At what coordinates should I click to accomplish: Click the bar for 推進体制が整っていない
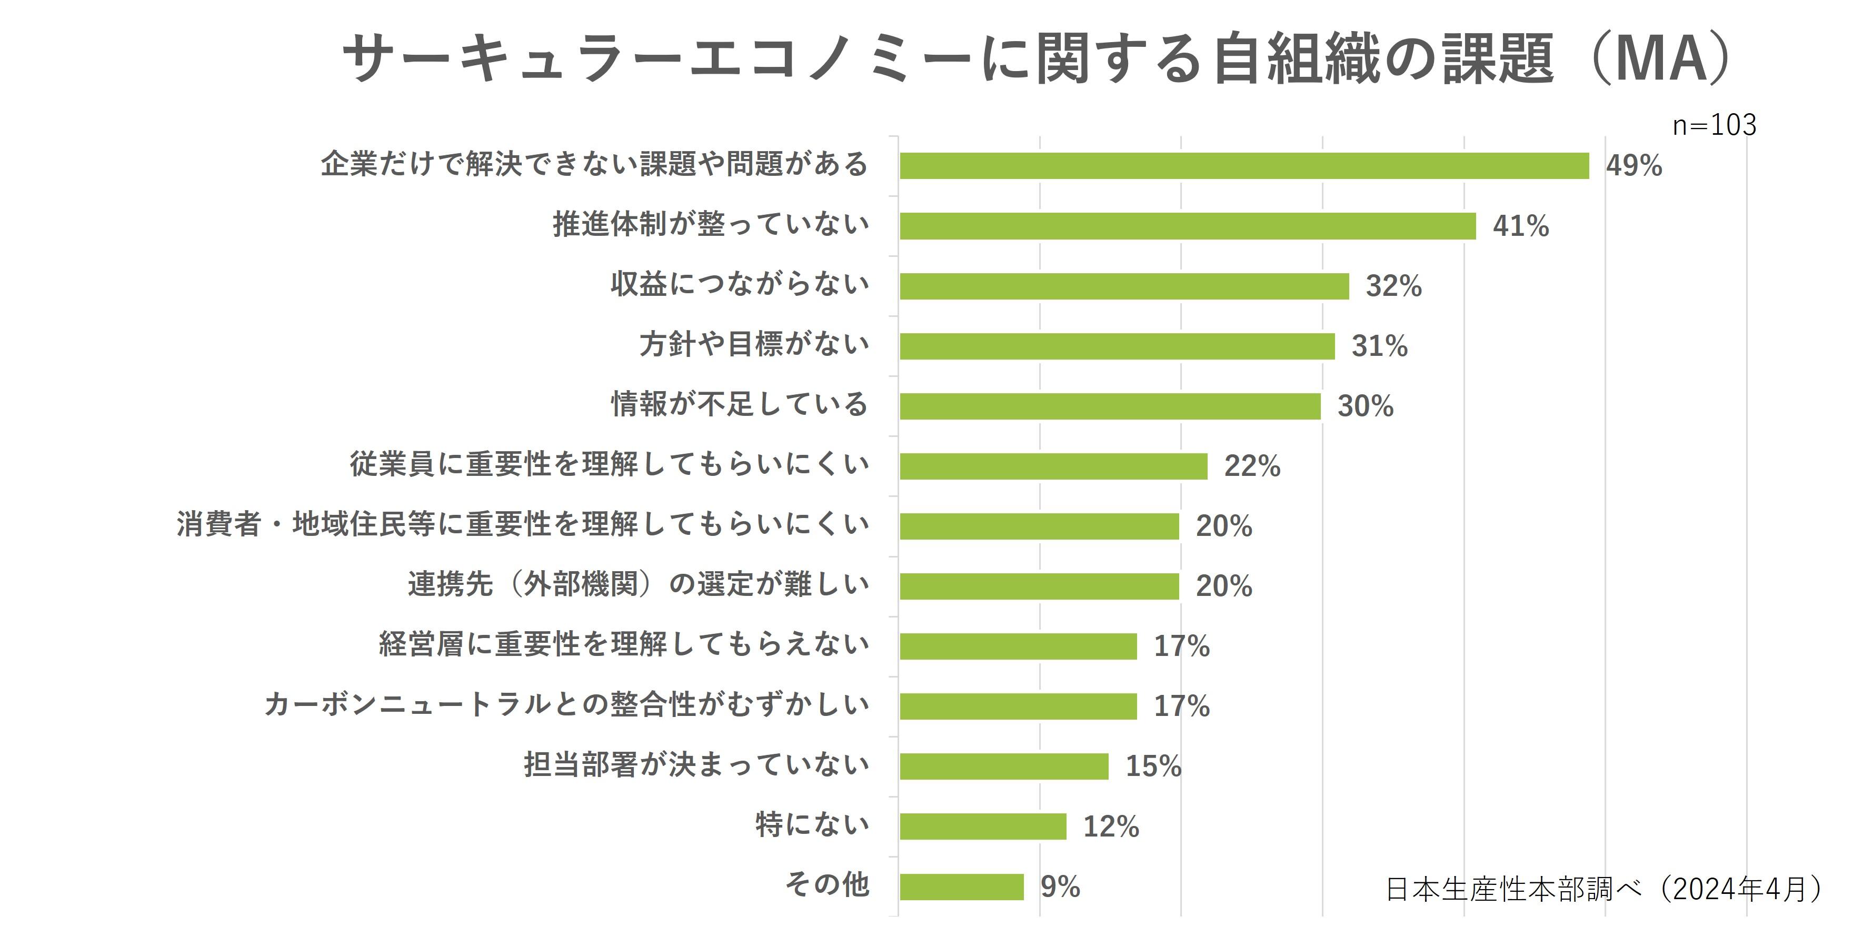(1188, 226)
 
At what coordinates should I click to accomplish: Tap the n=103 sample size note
(1714, 125)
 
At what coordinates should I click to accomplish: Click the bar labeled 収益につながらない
(1124, 286)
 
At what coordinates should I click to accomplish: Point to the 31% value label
(1379, 346)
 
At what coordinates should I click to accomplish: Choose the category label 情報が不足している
(740, 404)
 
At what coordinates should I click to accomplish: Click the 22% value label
(1251, 466)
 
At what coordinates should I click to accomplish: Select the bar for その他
(961, 887)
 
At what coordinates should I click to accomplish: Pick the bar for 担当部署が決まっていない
(1003, 766)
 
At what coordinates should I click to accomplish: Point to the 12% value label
(1110, 827)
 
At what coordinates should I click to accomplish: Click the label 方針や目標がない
(754, 344)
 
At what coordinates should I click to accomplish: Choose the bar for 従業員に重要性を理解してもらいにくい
(1053, 466)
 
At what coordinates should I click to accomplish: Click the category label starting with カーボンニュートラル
(566, 704)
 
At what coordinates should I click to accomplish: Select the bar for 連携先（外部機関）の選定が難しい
(1039, 586)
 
